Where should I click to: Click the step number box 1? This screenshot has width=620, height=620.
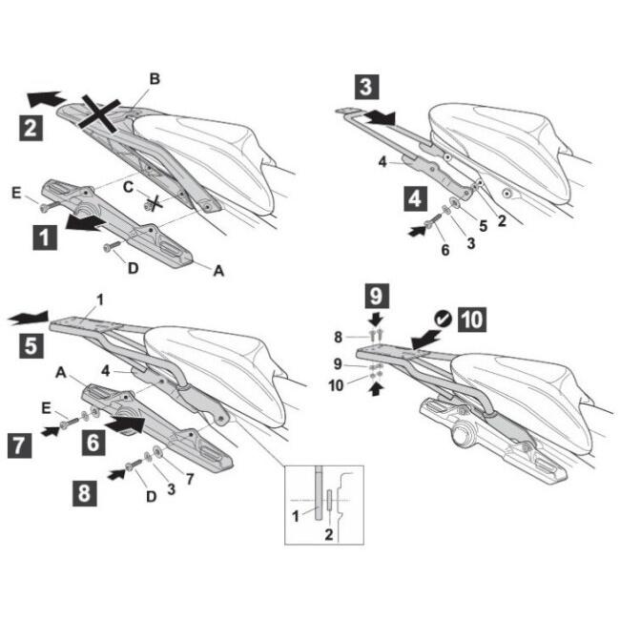45,238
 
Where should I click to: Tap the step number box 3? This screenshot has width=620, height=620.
366,87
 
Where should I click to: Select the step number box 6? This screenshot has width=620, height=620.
93,443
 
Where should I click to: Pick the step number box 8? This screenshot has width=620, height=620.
85,493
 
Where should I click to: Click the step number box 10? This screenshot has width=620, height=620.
472,320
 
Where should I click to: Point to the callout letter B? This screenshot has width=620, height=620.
155,79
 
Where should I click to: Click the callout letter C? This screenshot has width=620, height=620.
128,187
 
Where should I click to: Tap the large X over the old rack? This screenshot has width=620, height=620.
99,114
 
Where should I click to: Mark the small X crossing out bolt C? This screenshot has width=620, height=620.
155,203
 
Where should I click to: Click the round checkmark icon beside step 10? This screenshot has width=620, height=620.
444,319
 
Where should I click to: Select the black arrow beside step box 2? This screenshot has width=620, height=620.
46,98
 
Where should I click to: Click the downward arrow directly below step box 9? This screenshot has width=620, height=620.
376,320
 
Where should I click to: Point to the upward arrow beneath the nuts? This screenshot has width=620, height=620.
376,388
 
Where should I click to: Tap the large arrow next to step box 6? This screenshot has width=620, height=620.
125,424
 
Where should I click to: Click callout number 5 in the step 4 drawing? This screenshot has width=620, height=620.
484,226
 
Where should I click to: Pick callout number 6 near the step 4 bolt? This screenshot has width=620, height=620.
445,250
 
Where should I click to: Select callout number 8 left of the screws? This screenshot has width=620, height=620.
338,338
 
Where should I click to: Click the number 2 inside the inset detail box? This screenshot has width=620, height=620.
328,534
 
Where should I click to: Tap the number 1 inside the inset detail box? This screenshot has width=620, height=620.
295,516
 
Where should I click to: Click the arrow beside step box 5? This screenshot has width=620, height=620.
29,318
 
